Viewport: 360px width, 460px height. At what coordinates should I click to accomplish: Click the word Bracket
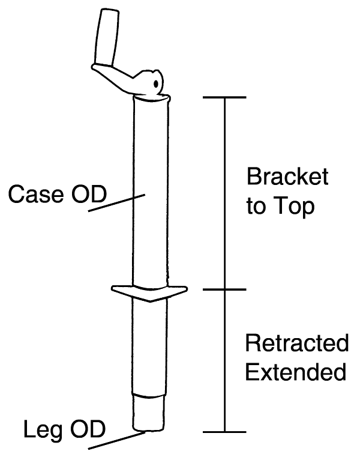pyautogui.click(x=287, y=178)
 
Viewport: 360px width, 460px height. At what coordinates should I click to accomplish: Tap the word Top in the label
pyautogui.click(x=293, y=208)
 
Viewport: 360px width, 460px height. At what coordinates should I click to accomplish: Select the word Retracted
pyautogui.click(x=296, y=344)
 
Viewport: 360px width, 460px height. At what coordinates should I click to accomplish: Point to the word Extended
pyautogui.click(x=296, y=373)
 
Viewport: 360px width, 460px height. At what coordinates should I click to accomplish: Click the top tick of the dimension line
pyautogui.click(x=225, y=97)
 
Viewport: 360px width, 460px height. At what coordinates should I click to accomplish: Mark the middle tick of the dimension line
pyautogui.click(x=225, y=290)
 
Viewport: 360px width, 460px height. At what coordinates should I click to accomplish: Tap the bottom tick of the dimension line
pyautogui.click(x=225, y=432)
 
